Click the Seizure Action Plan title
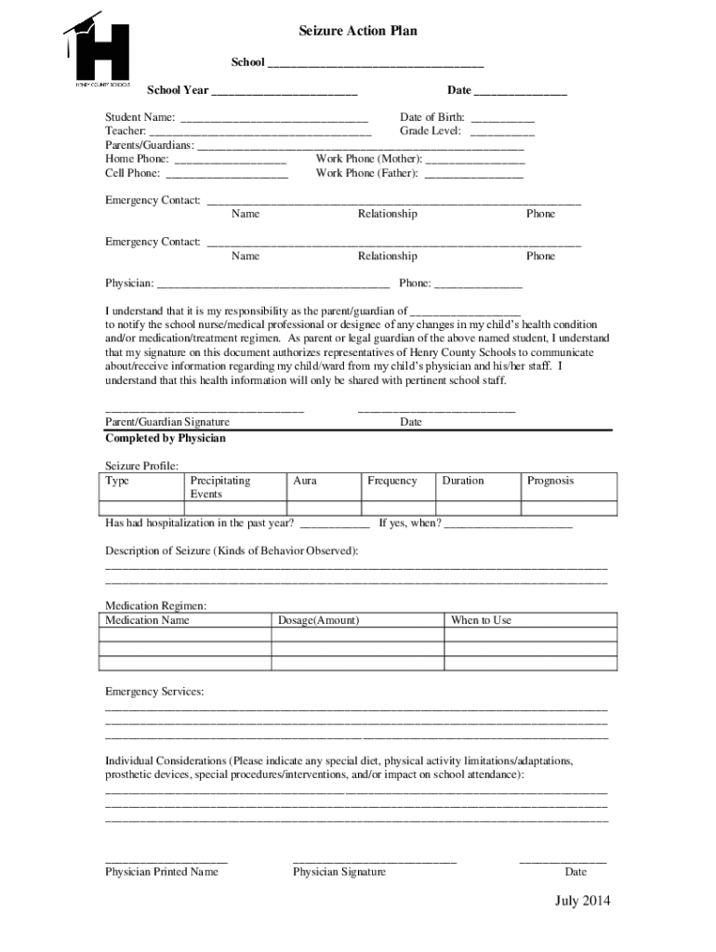click(x=358, y=32)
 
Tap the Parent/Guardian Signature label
click(x=167, y=422)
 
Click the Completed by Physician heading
click(x=166, y=438)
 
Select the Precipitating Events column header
click(x=220, y=487)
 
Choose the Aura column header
click(x=305, y=481)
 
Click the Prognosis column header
click(x=550, y=481)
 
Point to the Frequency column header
click(x=392, y=481)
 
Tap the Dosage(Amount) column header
click(x=319, y=620)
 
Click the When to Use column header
click(x=481, y=620)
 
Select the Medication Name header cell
click(x=147, y=620)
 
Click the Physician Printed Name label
click(x=162, y=872)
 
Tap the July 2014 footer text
click(x=583, y=901)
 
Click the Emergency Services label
click(x=154, y=692)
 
